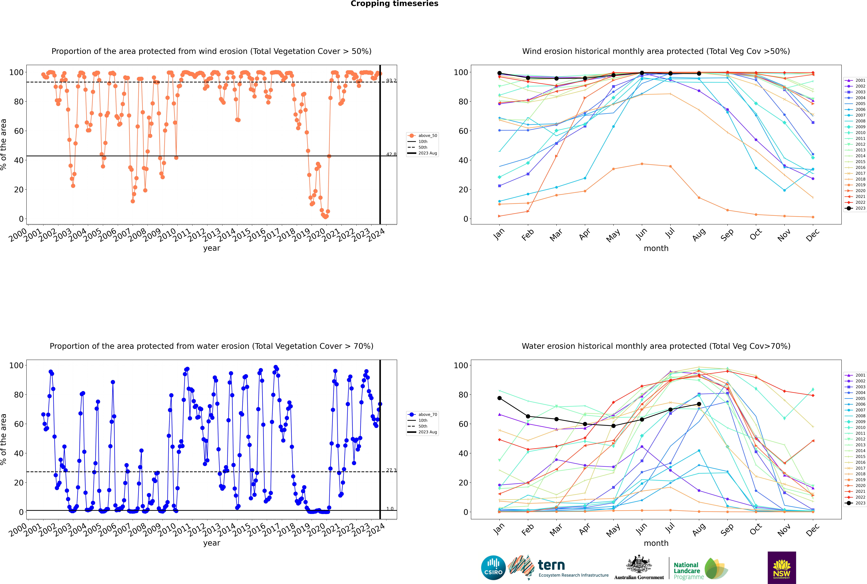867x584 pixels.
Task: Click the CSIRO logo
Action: point(493,568)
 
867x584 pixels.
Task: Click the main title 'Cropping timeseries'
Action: point(394,4)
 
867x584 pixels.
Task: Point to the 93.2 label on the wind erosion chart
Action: point(391,80)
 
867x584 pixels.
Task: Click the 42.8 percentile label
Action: point(391,154)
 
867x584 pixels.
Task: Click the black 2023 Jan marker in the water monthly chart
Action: point(499,398)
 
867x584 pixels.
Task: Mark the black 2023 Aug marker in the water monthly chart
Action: point(699,404)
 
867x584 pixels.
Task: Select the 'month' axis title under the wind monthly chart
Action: point(656,248)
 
